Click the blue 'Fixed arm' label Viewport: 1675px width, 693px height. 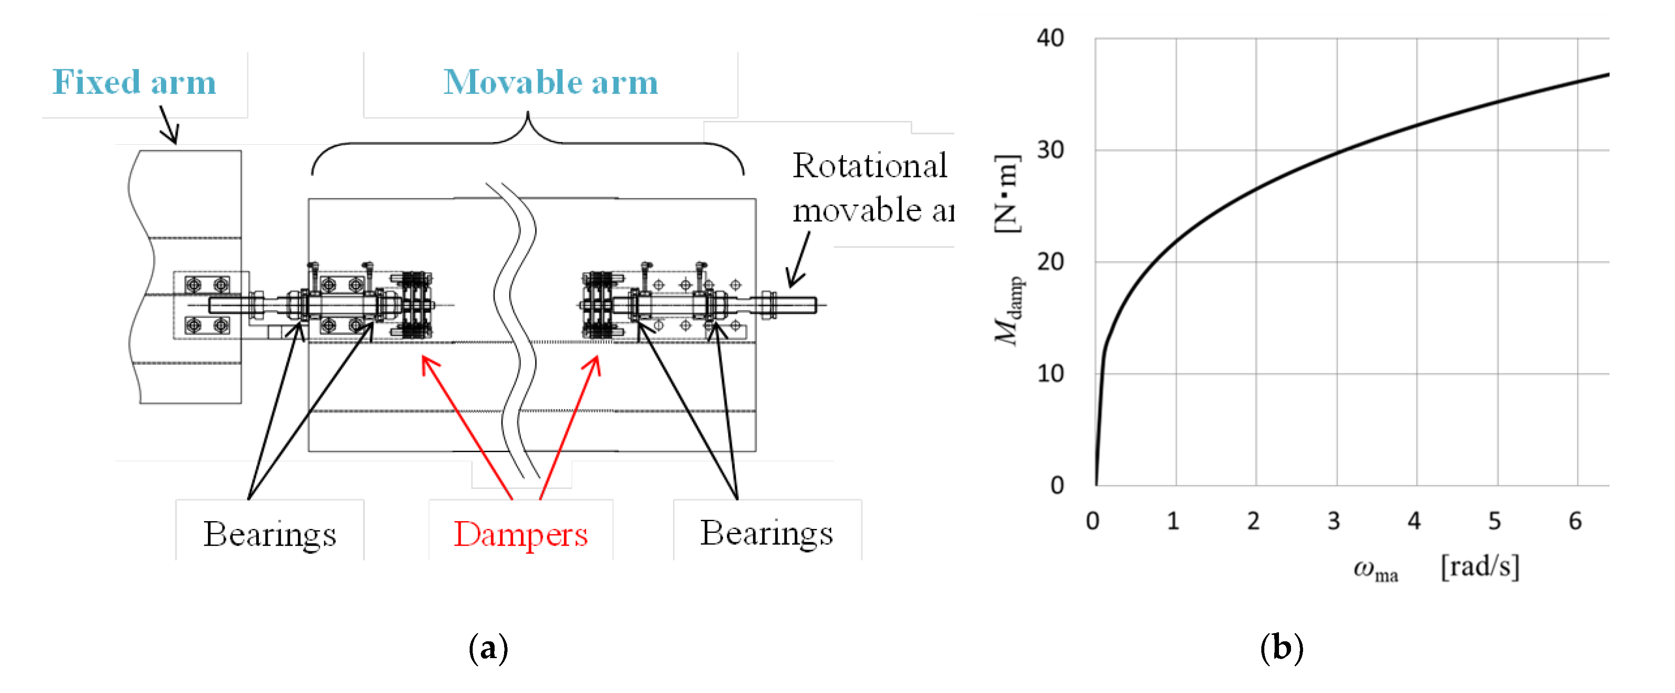coord(134,83)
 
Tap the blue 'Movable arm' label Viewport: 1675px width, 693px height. coord(550,83)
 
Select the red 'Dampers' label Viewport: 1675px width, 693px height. coord(520,535)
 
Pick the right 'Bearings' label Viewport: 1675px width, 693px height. coord(766,534)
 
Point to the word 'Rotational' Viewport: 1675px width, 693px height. coord(870,166)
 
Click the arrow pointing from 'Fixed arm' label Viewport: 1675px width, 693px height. coord(169,125)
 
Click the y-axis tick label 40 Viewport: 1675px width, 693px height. coord(1050,38)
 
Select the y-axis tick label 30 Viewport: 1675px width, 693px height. coord(1050,150)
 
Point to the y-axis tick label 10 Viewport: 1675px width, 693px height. coord(1050,373)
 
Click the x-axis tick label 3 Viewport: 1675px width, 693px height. coord(1334,521)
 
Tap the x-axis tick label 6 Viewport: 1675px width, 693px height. coord(1575,521)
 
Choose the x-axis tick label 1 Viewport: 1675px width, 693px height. coord(1173,521)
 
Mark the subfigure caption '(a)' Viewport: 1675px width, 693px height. coord(488,648)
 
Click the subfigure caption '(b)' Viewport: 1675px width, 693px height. coord(1282,648)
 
